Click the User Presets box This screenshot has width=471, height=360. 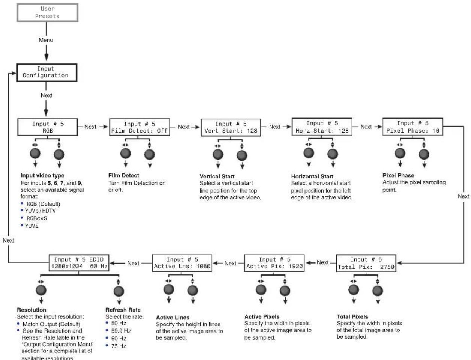click(x=47, y=12)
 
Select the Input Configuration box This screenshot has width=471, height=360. click(x=47, y=72)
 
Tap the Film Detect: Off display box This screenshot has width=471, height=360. click(x=139, y=127)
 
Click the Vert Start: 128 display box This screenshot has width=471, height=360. click(x=231, y=127)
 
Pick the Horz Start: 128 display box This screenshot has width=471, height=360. click(x=322, y=127)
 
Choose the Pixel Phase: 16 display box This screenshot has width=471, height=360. click(x=412, y=127)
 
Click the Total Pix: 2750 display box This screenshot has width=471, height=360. click(x=366, y=263)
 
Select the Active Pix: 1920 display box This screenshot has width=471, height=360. click(x=274, y=263)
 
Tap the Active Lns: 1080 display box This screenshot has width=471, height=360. click(x=182, y=263)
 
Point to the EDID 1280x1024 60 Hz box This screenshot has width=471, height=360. click(x=79, y=263)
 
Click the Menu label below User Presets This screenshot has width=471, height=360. click(x=46, y=40)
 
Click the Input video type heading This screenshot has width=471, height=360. click(x=42, y=175)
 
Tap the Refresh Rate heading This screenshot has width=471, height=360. click(x=123, y=310)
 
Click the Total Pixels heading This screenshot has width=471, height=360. click(x=352, y=316)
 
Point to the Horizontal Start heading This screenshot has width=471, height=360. click(x=312, y=176)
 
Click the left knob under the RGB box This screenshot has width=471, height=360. click(x=35, y=154)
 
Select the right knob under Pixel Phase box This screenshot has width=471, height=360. click(x=424, y=154)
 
